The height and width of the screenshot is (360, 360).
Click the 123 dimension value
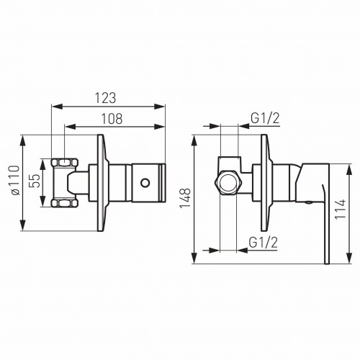(x=106, y=98)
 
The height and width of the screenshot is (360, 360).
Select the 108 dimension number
(x=112, y=119)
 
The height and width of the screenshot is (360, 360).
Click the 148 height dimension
(x=185, y=199)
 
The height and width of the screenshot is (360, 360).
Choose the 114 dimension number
(x=341, y=209)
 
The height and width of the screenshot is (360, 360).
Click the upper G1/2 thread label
(x=265, y=118)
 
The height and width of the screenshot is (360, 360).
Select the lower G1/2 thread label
(x=264, y=243)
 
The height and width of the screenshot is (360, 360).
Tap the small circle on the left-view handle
(x=145, y=183)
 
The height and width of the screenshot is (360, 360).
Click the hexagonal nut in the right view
(x=228, y=183)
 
